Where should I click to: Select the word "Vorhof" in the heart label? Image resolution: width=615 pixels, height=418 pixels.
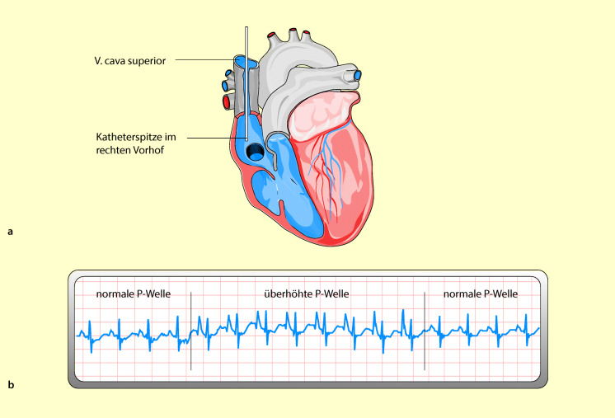[157, 153]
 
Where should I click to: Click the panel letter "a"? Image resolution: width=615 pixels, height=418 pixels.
[10, 232]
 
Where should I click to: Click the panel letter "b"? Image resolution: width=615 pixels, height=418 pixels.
[10, 384]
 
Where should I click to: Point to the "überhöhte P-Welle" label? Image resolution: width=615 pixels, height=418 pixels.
[307, 294]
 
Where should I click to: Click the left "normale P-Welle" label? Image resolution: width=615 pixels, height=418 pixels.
[134, 294]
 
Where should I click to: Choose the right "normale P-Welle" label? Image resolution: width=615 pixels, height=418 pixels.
[481, 294]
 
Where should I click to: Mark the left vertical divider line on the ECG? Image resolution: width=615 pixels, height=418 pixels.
[190, 330]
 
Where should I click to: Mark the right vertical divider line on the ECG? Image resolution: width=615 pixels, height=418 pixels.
[425, 330]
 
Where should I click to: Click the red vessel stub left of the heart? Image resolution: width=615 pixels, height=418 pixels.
[226, 102]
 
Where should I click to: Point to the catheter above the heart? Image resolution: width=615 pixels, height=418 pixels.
[246, 41]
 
